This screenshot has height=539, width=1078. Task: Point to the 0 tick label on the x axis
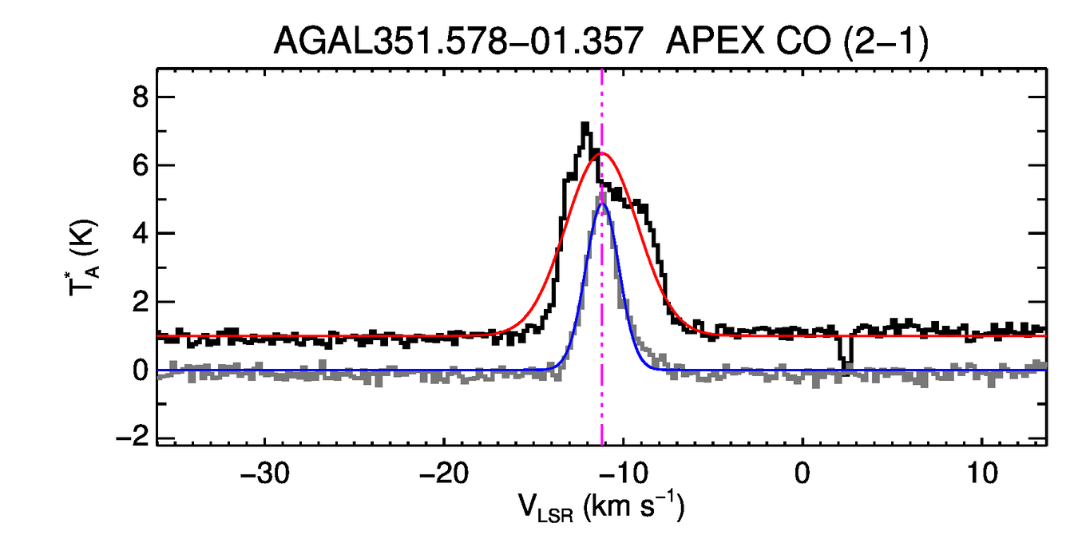coord(802,473)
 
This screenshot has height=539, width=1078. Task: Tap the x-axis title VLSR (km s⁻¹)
coord(600,506)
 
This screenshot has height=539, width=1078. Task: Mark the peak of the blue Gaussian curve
coord(602,204)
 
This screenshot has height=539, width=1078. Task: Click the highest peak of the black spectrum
coord(585,125)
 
